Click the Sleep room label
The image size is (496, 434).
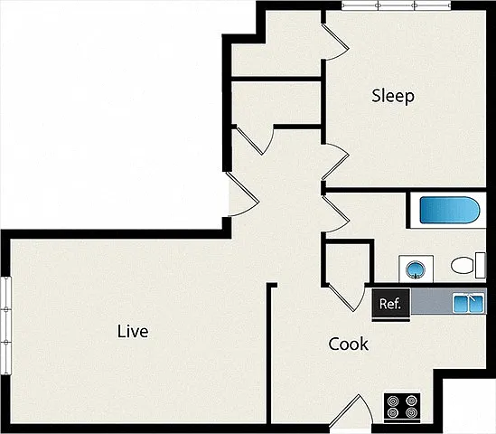pos(393,96)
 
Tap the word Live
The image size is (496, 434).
pos(133,332)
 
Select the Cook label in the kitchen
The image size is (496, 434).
pos(348,344)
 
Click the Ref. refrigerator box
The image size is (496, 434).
pos(391,304)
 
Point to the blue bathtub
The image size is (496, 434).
pos(450,210)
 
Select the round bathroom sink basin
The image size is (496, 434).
pos(416,270)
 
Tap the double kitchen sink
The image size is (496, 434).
pos(469,303)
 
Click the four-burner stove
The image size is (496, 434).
pos(402,408)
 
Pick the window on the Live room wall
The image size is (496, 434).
pos(6,325)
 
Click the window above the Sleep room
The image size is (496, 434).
pos(396,5)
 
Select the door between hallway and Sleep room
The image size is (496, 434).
pos(337,162)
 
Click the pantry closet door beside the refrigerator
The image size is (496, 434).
pos(346,297)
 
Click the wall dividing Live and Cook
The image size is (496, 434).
pos(269,354)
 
